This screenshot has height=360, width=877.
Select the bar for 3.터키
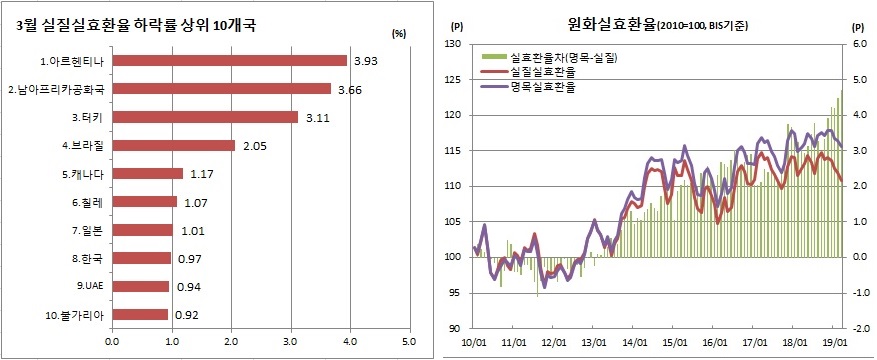(x=204, y=117)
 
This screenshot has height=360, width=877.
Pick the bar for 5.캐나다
(x=146, y=174)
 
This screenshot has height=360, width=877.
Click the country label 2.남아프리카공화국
(x=56, y=89)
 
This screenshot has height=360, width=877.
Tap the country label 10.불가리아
(x=75, y=314)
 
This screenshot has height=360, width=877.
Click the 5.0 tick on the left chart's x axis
(x=408, y=342)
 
